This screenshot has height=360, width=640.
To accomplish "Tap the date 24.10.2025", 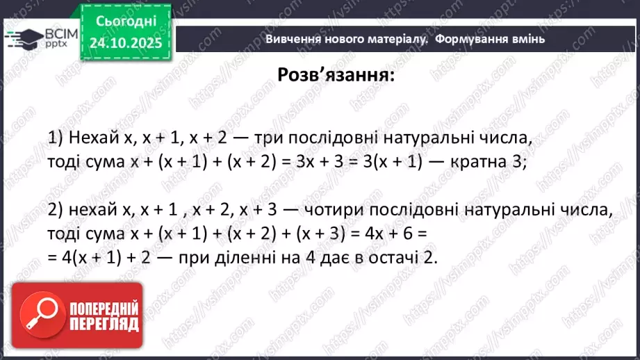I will pyautogui.click(x=126, y=42).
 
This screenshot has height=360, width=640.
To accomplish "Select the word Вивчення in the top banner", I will pyautogui.click(x=291, y=39).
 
